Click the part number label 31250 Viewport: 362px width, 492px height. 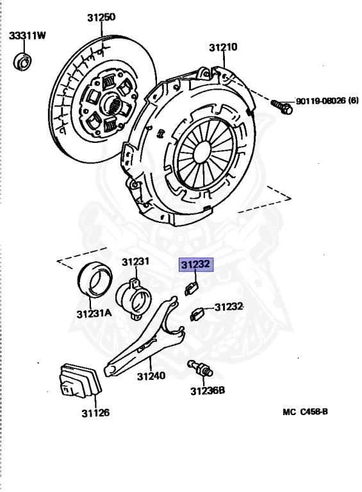click(x=101, y=17)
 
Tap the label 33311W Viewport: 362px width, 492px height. click(x=28, y=36)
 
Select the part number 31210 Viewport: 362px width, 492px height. click(x=222, y=47)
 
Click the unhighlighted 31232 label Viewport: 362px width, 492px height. click(x=229, y=307)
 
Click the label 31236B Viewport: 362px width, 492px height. click(x=207, y=390)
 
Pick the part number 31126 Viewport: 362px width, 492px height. click(x=95, y=413)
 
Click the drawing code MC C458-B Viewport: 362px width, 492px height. click(x=305, y=412)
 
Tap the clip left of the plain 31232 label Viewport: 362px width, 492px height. click(x=199, y=313)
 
